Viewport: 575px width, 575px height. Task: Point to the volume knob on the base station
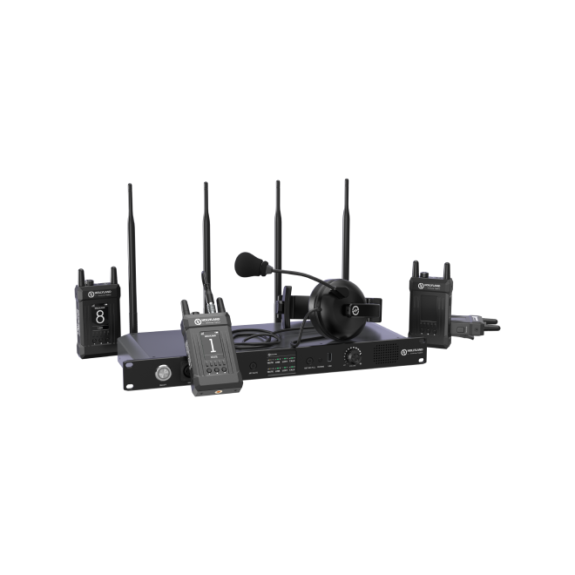[x=354, y=358]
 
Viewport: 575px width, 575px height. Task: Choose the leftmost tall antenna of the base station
[x=130, y=253]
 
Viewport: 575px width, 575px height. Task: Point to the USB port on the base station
[x=329, y=361]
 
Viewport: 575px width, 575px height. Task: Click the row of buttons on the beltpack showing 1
[x=209, y=363]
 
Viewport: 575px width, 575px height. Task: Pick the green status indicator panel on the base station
[x=279, y=366]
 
